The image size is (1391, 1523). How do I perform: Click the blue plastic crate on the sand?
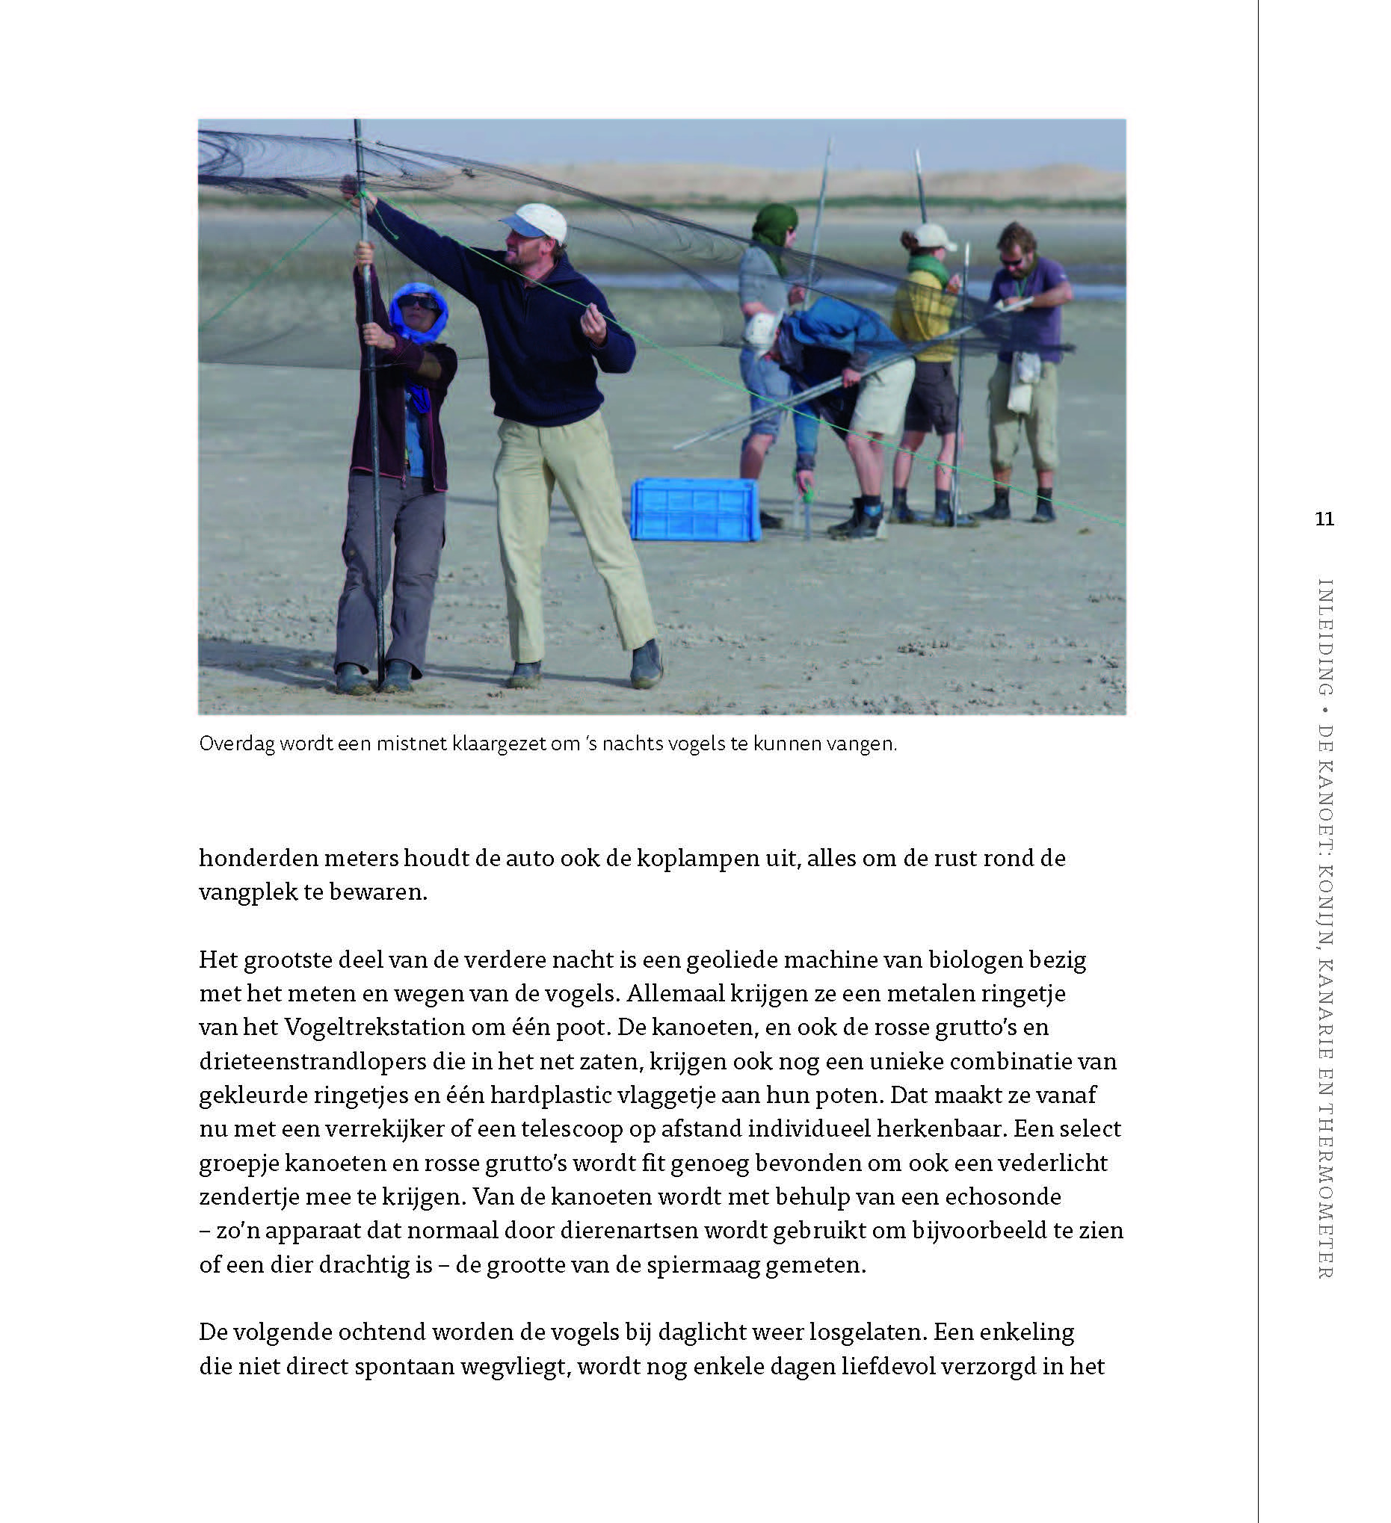(695, 510)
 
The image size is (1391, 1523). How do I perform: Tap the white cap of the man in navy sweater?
(535, 220)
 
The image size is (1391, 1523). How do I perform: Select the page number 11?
(1324, 519)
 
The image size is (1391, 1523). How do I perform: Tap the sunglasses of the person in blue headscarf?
(418, 301)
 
